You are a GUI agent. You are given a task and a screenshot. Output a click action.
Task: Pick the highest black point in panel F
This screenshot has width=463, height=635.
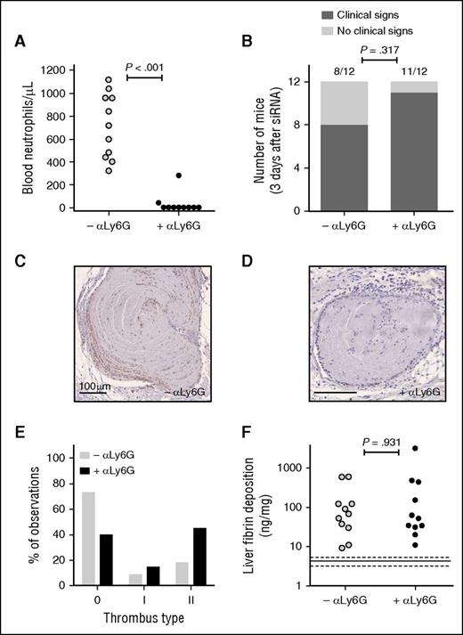tap(414, 449)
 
